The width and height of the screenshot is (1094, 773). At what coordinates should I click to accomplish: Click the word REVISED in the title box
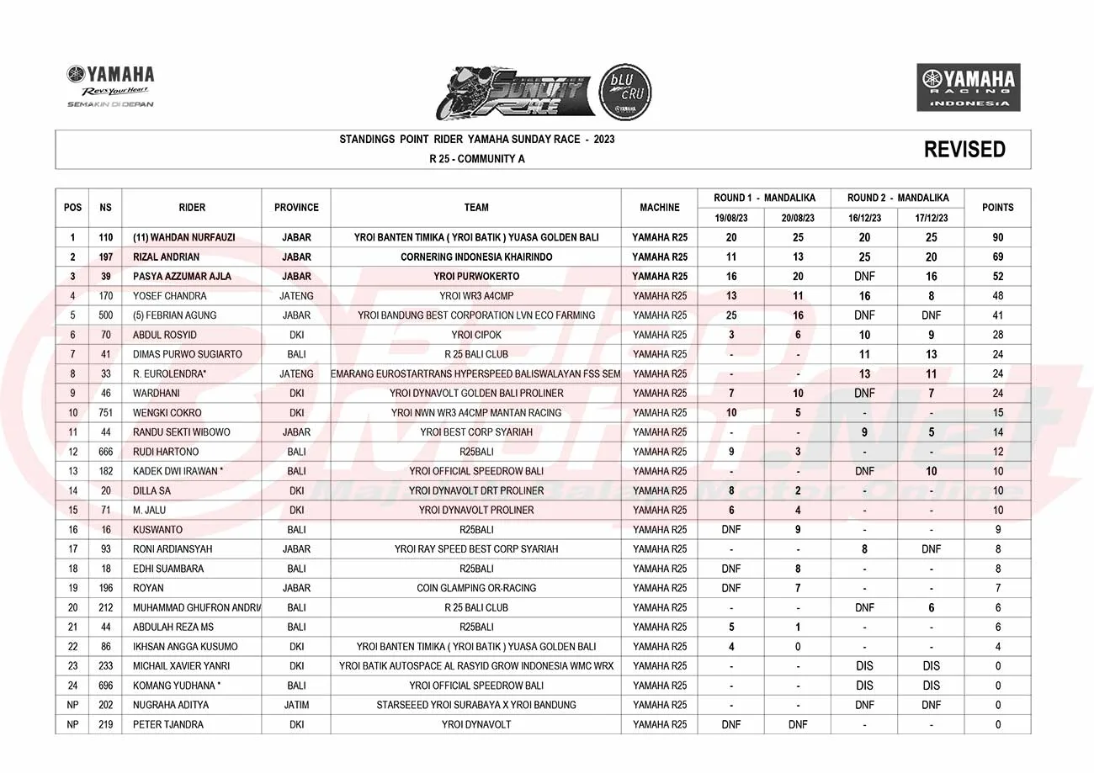coord(964,150)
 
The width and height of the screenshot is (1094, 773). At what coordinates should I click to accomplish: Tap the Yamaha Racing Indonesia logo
coord(968,87)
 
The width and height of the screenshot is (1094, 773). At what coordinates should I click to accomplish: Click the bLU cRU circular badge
coord(624,91)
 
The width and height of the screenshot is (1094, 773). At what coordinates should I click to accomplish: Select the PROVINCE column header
coord(296,207)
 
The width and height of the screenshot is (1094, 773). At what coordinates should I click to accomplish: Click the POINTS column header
coord(998,207)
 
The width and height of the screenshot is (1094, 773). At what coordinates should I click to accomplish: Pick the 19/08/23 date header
coord(730,217)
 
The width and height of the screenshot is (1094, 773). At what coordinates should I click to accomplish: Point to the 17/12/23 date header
coord(931,217)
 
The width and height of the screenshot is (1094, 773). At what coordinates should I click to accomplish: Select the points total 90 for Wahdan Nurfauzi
coord(998,237)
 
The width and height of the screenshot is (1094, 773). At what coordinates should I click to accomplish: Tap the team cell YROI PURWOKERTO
coord(476,276)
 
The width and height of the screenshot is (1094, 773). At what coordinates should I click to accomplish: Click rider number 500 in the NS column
coord(105,315)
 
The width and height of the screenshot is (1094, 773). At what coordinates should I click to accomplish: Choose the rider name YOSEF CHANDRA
coord(169,296)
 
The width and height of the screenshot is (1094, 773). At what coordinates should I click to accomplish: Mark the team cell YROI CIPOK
coord(476,335)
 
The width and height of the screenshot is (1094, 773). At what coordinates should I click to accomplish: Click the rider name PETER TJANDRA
coord(167,724)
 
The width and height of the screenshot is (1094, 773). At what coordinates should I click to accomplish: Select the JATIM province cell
coord(296,705)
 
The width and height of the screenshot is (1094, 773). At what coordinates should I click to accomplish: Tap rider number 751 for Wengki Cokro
coord(105,413)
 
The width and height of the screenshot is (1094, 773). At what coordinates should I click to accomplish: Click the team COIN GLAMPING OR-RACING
coord(476,588)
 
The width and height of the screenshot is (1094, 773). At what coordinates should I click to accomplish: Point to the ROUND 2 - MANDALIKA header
coord(898,198)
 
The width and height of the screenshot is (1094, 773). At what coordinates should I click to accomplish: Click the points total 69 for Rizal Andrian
coord(998,257)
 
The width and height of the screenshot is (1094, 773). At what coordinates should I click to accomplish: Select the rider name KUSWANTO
coord(157,530)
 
